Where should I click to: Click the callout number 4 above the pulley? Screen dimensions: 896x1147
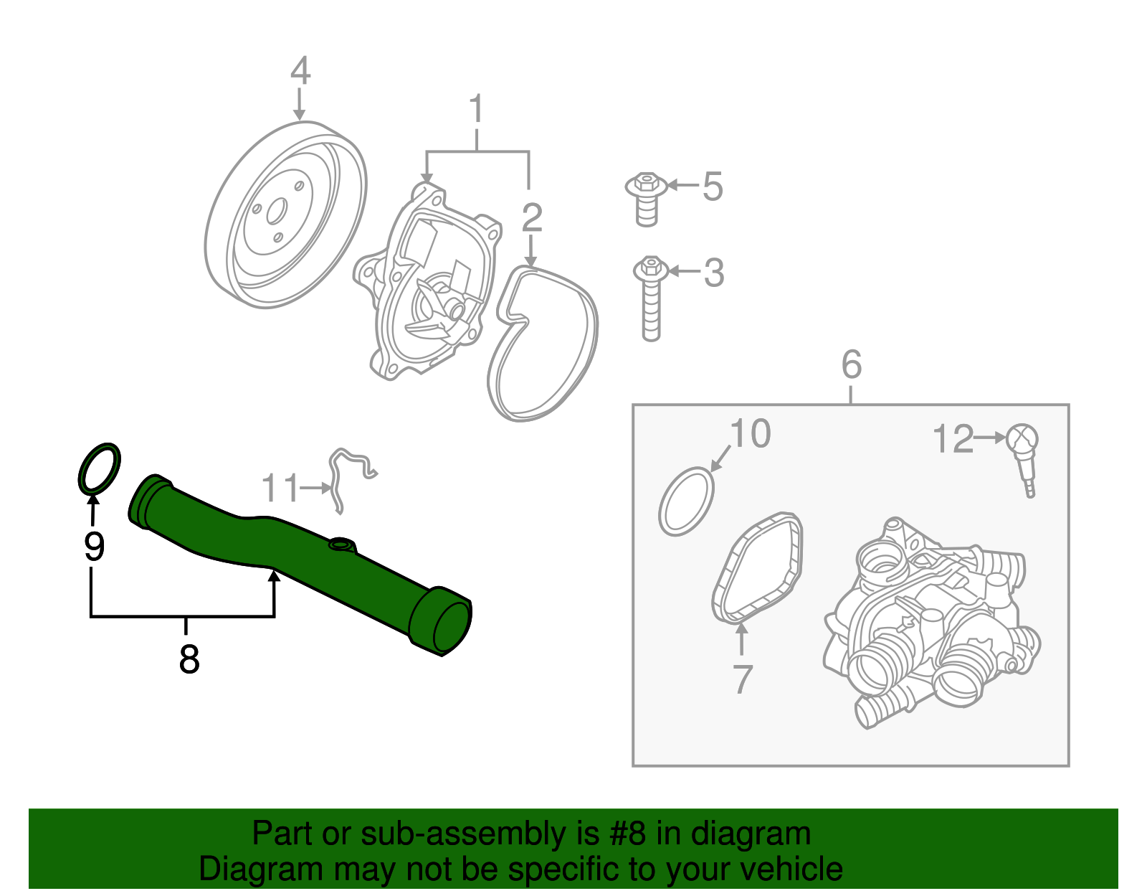300,71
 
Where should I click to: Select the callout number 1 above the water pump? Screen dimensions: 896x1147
476,110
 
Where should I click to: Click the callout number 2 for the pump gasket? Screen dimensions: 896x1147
531,217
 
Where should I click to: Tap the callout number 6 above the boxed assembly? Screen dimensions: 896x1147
851,364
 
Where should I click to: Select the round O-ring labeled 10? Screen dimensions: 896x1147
686,502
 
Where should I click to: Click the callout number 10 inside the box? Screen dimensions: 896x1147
750,434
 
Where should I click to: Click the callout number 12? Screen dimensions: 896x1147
953,439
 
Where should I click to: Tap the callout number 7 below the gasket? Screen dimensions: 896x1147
742,678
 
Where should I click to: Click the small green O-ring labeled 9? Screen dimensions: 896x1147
99,468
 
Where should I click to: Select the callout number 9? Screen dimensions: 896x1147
94,547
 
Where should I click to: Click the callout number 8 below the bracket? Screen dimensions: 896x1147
189,659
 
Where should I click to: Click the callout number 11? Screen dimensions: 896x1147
280,489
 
